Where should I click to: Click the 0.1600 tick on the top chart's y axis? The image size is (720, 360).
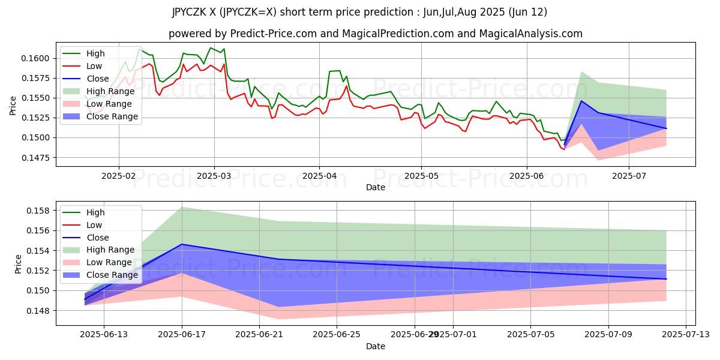tap(37, 58)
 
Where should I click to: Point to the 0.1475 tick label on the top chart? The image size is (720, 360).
tap(37, 158)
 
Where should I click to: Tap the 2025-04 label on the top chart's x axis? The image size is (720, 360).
tap(319, 176)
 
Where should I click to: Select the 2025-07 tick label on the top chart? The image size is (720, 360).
tap(629, 176)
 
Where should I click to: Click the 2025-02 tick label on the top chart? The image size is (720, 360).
tap(118, 176)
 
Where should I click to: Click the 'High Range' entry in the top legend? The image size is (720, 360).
tap(110, 91)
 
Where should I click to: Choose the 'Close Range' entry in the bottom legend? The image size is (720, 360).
tap(112, 275)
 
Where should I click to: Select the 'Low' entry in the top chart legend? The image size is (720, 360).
tap(94, 66)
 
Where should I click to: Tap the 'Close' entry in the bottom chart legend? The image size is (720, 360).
tap(98, 238)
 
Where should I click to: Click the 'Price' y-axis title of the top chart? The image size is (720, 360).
tap(13, 106)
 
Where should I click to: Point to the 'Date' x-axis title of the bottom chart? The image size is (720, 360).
tap(376, 346)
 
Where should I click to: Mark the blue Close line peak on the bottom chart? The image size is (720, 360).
tap(181, 244)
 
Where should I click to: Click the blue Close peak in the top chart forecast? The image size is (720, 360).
tap(581, 101)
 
